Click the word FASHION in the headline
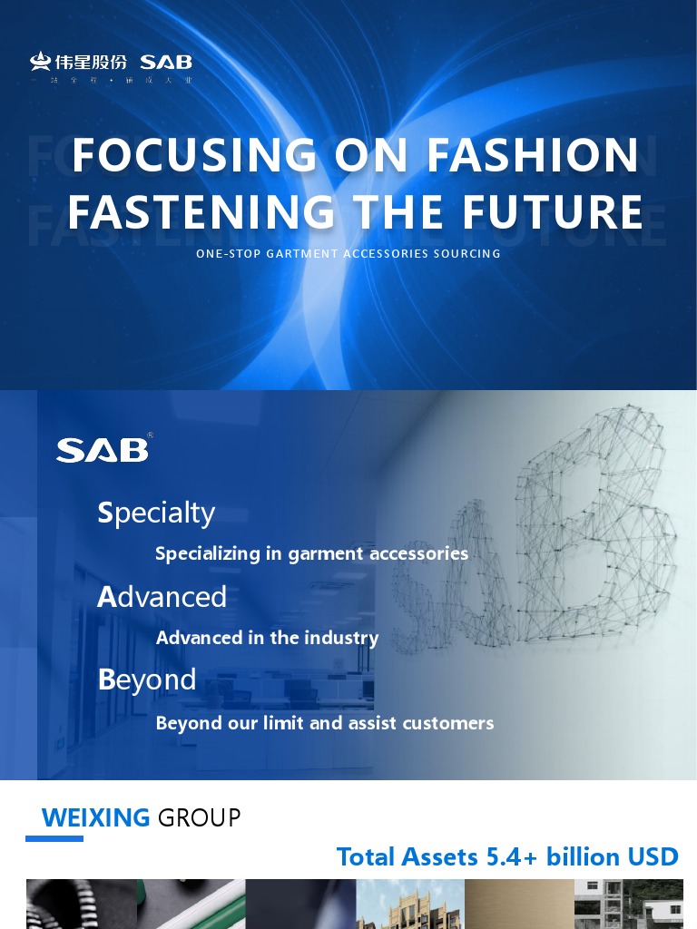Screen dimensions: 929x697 (533, 155)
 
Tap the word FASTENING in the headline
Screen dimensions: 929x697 (201, 212)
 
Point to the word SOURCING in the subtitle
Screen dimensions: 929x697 (466, 254)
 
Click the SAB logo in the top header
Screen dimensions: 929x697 (166, 63)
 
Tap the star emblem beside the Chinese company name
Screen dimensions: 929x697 (40, 62)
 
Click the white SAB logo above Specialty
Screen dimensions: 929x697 (103, 450)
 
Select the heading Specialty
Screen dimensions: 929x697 (156, 513)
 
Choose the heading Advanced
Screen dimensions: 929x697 (162, 597)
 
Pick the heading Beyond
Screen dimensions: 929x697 (147, 680)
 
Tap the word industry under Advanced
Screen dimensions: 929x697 (341, 638)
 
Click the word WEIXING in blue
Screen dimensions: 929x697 (95, 817)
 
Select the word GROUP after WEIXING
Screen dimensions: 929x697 (200, 817)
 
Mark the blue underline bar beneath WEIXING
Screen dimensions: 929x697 (54, 838)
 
